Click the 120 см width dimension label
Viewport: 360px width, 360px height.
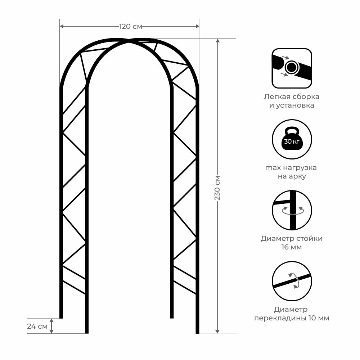click(131, 26)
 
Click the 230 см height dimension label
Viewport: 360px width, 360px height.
click(217, 188)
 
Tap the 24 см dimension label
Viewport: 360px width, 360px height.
click(37, 326)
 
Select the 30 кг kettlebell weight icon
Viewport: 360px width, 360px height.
click(292, 139)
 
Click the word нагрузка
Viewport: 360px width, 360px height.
click(300, 168)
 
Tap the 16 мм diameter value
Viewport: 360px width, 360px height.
click(292, 247)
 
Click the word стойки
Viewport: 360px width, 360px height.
click(310, 239)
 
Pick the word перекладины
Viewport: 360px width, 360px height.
click(280, 318)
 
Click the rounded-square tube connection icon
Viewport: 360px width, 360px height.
click(292, 68)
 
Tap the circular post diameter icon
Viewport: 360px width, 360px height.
click(292, 210)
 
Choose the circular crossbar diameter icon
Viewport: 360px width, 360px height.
click(292, 281)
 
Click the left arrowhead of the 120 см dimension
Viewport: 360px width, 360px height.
click(62, 26)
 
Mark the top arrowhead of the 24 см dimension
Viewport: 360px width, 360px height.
click(51, 320)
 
